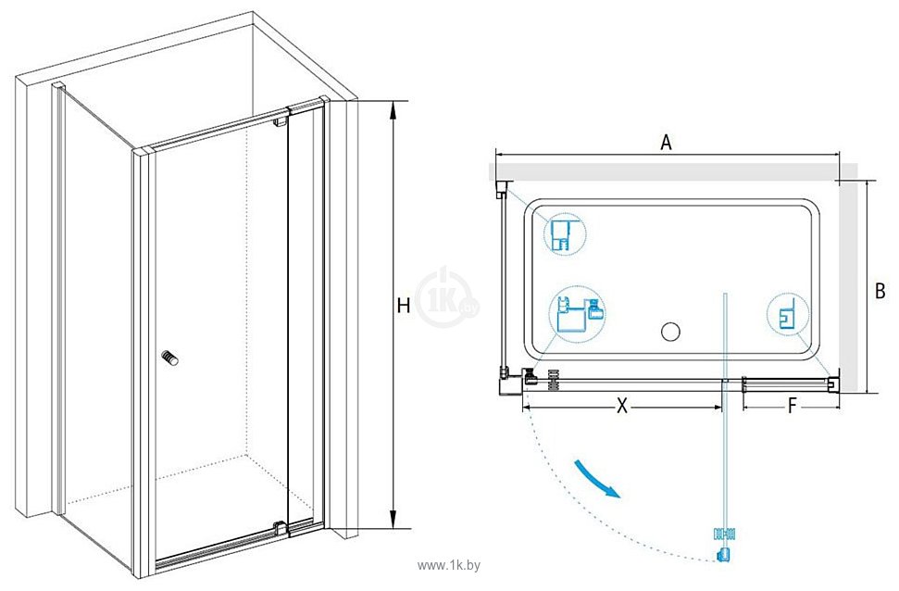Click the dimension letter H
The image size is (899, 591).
tap(404, 306)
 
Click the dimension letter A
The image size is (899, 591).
tap(665, 142)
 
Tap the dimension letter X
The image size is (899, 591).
tap(622, 405)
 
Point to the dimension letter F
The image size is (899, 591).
tap(793, 405)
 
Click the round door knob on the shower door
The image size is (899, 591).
tap(169, 358)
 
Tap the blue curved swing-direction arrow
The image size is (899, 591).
tap(595, 478)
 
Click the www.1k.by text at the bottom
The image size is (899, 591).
tap(451, 564)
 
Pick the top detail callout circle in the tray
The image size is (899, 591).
tap(564, 234)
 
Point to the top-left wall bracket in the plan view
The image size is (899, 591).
tap(501, 191)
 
